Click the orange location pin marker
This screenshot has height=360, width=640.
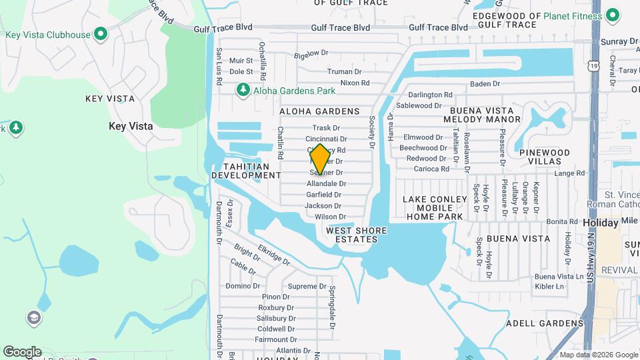coord(320,159)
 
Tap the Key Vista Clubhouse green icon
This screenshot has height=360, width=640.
coord(101,33)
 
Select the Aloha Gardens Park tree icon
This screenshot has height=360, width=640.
coord(243,90)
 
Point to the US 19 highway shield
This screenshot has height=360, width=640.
coord(593,65)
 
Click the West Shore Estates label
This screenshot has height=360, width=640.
coord(356,235)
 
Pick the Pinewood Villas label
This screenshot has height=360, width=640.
coord(545,157)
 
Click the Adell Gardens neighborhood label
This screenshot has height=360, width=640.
coord(545,323)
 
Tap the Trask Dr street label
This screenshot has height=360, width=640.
coord(326,128)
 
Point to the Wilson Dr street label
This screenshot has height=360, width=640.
coord(330,217)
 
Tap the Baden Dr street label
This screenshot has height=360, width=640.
coord(485,84)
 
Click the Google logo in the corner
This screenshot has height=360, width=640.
coord(22,351)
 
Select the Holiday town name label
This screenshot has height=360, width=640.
coord(600,223)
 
